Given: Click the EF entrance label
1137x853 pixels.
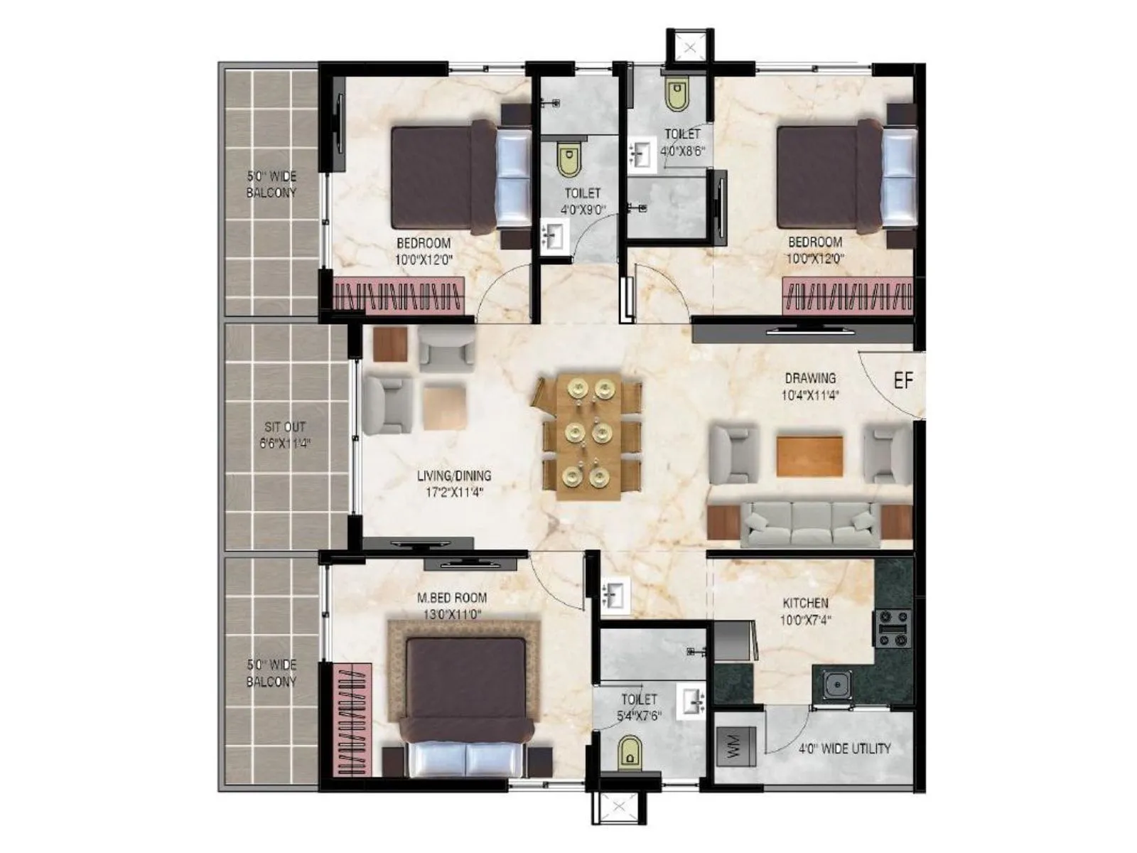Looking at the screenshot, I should coord(902,381).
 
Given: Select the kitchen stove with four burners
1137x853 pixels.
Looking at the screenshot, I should coord(893,628).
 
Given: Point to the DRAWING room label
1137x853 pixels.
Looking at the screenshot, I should coord(810,378).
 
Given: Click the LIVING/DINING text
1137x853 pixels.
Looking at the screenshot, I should coord(453,476).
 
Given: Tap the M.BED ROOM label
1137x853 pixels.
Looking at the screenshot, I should coord(452,599).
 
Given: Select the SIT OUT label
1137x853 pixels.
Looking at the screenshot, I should coord(284,427).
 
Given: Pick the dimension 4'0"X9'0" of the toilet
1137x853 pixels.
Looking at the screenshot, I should coord(582,210).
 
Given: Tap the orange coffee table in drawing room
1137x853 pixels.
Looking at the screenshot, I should coord(810,456).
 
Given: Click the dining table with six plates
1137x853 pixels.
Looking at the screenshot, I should coord(588,436).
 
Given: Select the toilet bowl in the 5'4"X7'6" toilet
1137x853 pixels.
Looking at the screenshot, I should coord(629,751).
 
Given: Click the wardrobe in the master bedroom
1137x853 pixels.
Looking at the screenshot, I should coord(353,719).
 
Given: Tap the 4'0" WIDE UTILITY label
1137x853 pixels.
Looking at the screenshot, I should coord(844,749).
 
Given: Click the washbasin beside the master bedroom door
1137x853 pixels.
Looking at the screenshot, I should coord(613,595).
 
